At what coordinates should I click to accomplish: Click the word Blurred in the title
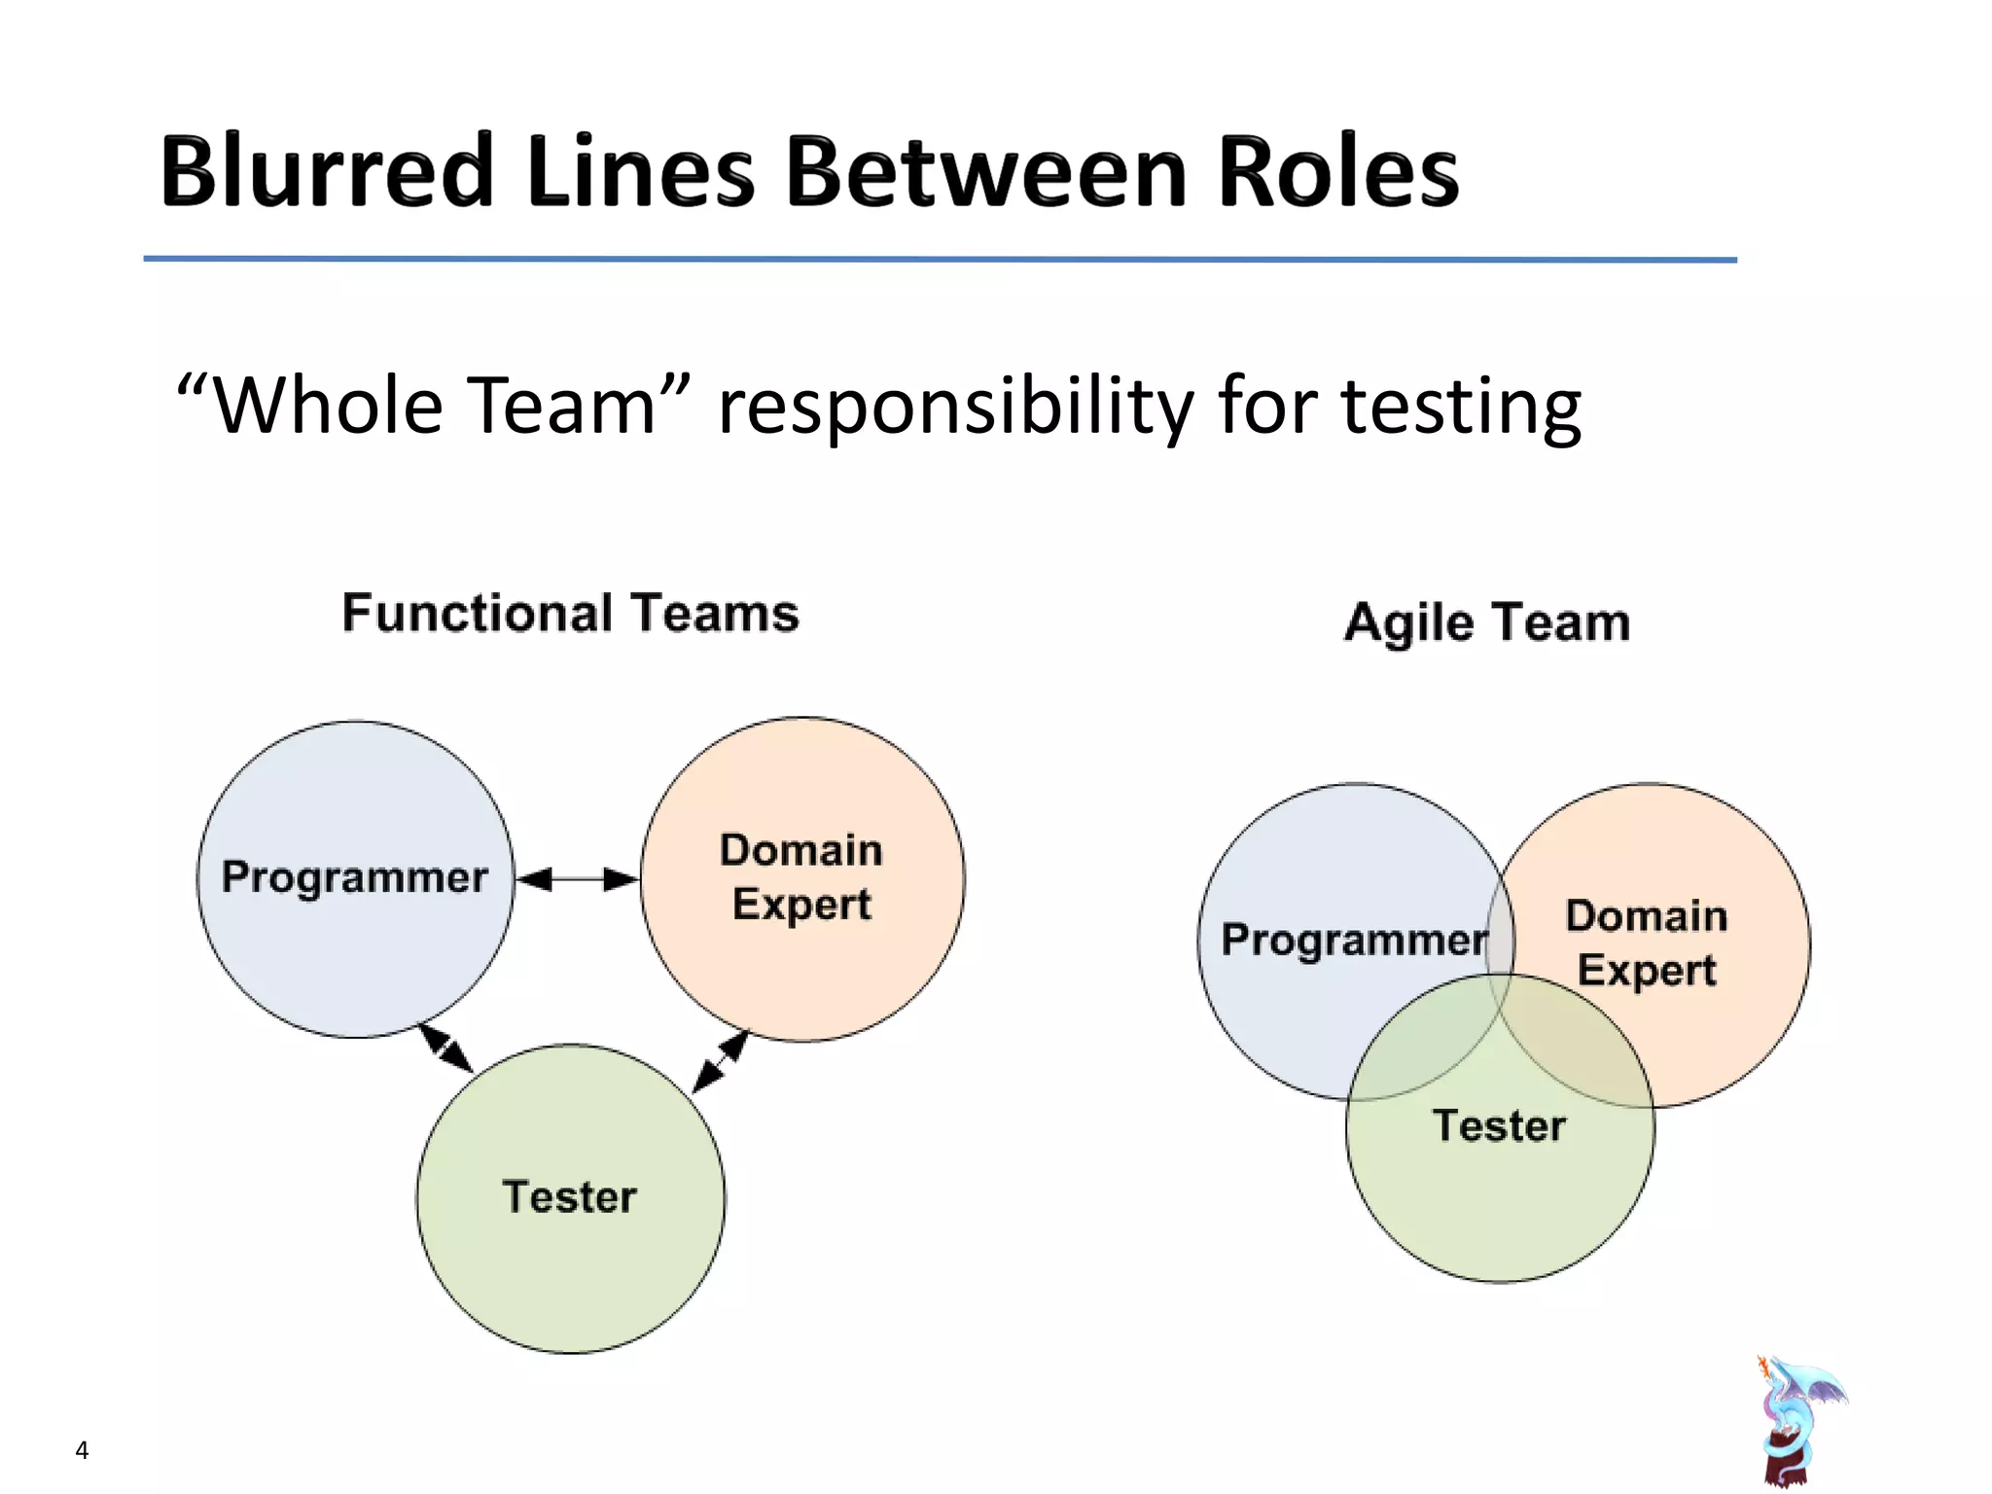click(326, 172)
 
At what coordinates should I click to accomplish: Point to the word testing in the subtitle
click(1461, 407)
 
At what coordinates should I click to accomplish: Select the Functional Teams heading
click(570, 614)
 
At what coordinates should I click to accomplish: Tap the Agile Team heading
click(1486, 622)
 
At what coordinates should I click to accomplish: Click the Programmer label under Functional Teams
click(354, 877)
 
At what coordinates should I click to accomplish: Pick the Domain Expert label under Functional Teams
click(801, 877)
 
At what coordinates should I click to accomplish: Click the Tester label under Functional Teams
click(570, 1196)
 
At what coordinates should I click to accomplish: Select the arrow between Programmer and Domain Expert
click(577, 879)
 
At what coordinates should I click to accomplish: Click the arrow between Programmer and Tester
click(446, 1049)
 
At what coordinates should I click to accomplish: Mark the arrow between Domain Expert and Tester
click(721, 1061)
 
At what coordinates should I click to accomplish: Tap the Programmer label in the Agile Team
click(1354, 941)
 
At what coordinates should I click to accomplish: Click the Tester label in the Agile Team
click(1499, 1125)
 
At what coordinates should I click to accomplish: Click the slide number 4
click(82, 1450)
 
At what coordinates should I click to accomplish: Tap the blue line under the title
click(940, 260)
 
